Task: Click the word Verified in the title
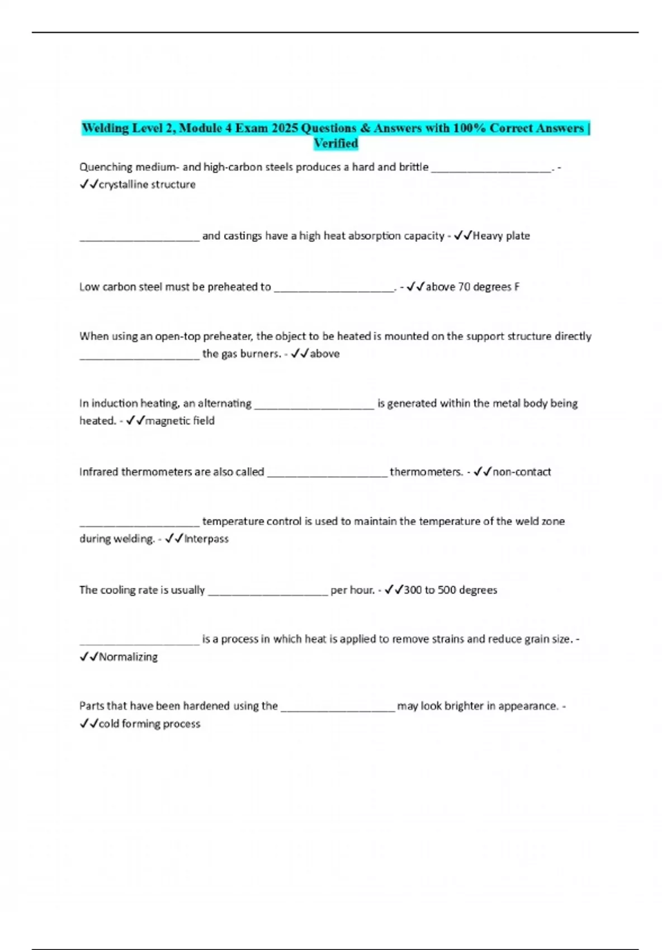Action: tap(335, 144)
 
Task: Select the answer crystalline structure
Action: tap(147, 184)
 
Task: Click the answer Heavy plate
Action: tap(501, 236)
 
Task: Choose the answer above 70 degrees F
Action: tap(472, 287)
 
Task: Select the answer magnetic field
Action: tap(179, 421)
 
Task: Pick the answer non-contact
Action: tap(522, 472)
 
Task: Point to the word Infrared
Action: tap(99, 472)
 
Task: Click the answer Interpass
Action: tap(206, 539)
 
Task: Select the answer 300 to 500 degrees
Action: tap(450, 590)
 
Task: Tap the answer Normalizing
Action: tap(128, 657)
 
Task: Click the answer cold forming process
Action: tap(149, 724)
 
